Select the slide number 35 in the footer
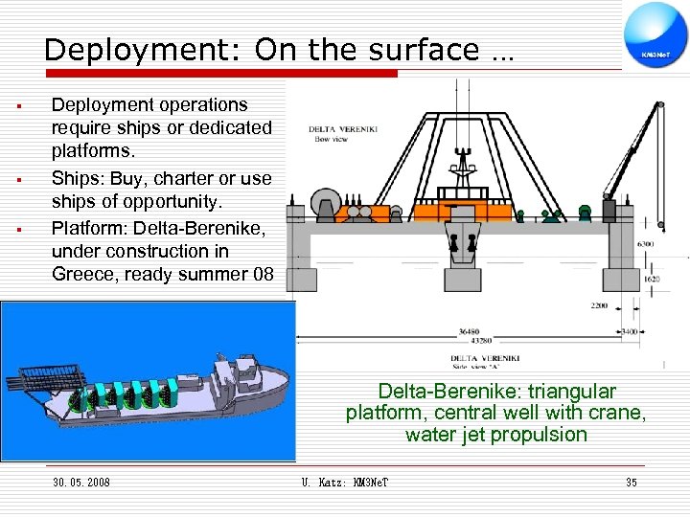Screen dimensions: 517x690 pyautogui.click(x=632, y=483)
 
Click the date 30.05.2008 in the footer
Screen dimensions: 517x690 pyautogui.click(x=81, y=483)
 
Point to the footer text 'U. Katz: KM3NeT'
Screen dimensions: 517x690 pyautogui.click(x=345, y=483)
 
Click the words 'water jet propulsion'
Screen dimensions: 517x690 pyautogui.click(x=495, y=435)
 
